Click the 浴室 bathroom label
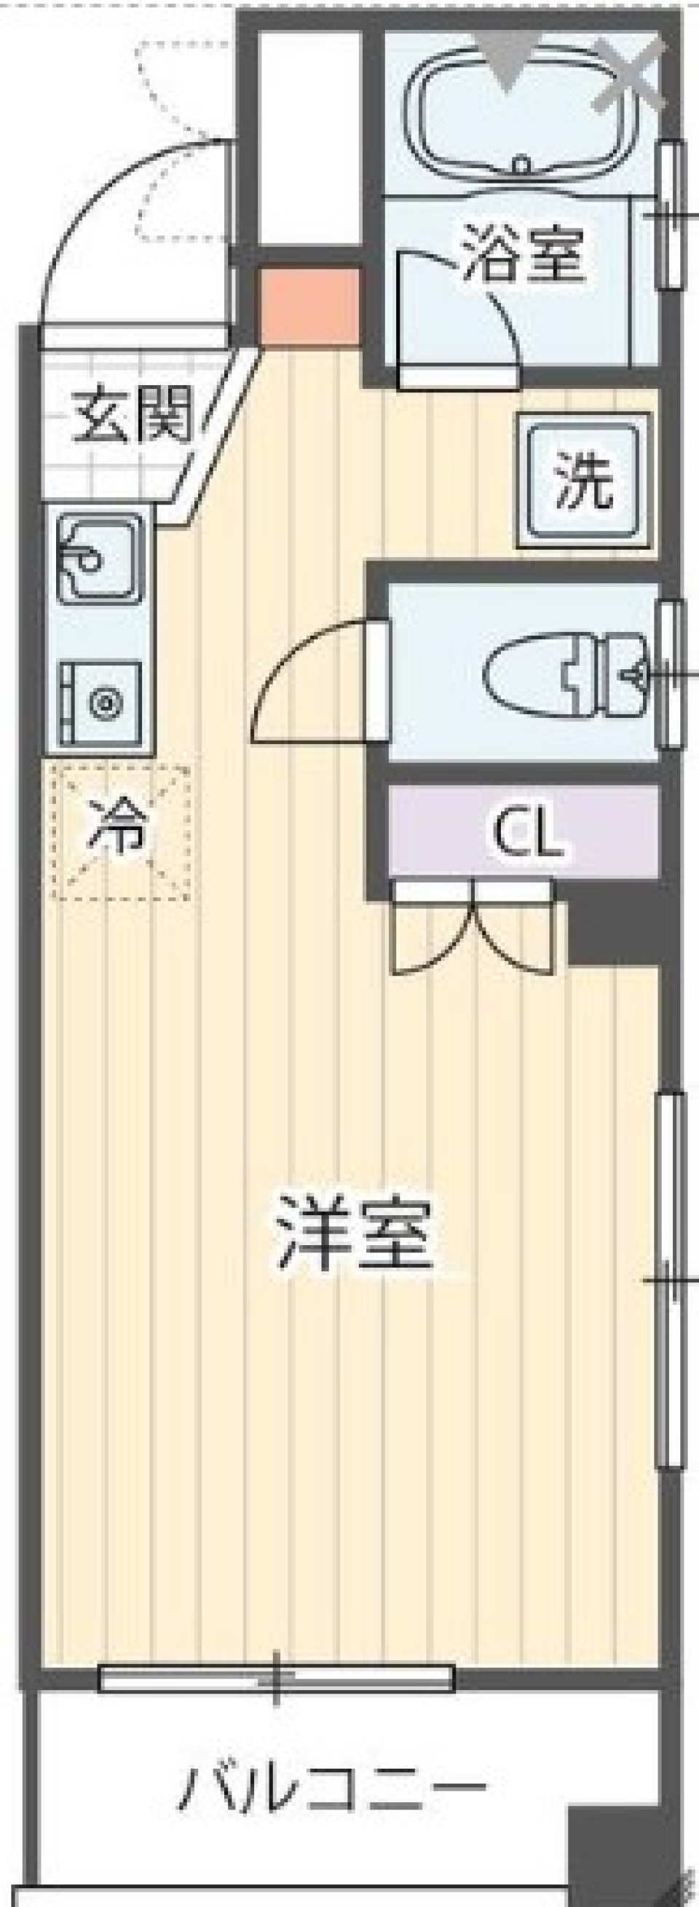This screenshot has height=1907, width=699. tap(524, 254)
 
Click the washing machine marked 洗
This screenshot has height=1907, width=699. tap(584, 481)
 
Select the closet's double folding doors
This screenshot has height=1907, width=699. tap(473, 925)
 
